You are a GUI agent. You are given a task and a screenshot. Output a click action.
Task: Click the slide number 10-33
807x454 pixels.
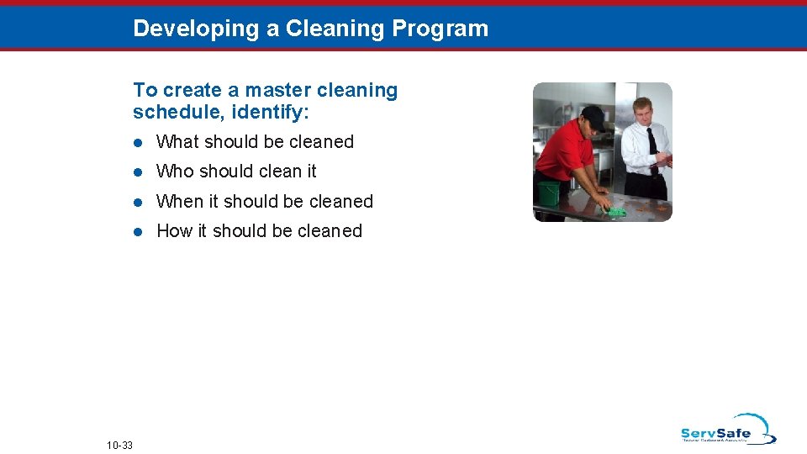click(x=120, y=444)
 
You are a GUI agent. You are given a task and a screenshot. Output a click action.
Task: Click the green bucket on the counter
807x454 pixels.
click(x=548, y=193)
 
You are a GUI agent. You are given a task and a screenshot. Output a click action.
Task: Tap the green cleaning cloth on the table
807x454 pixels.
click(x=615, y=210)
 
